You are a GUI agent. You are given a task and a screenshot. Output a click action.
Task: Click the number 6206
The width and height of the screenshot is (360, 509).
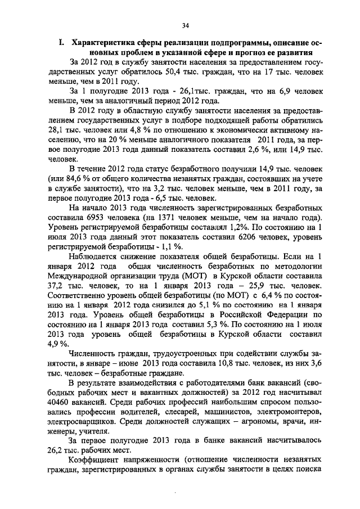pyautogui.click(x=240, y=255)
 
